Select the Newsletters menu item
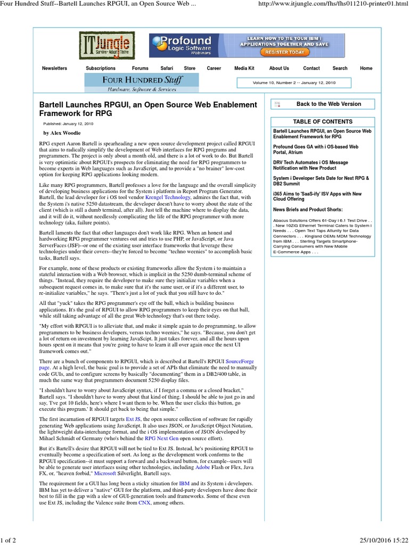coord(55,68)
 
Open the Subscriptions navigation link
coord(100,68)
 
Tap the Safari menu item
coord(167,68)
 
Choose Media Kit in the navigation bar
coord(244,68)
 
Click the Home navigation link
coord(366,68)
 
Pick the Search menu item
coord(340,68)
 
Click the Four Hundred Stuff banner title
coord(142,80)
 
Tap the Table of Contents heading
coord(323,121)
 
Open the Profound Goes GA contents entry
coord(315,149)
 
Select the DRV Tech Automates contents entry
coord(310,165)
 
